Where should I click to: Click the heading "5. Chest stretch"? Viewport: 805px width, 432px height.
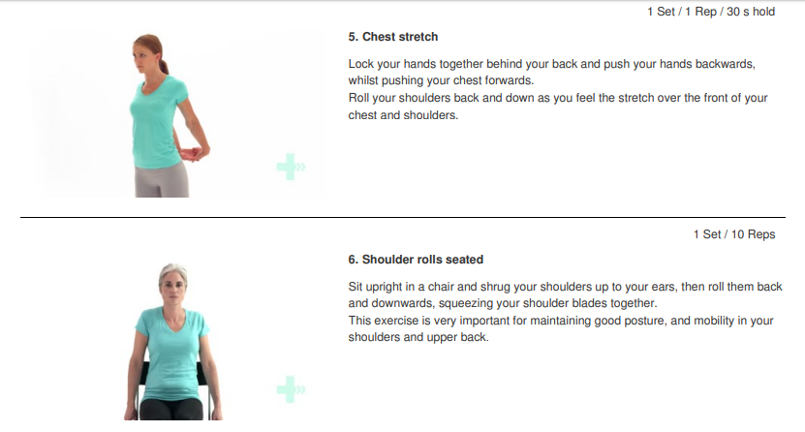point(392,37)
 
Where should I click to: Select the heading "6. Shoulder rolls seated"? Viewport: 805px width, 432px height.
point(416,260)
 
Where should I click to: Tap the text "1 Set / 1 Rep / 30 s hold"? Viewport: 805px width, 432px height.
point(711,12)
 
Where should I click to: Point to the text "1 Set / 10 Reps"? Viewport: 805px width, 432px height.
point(734,234)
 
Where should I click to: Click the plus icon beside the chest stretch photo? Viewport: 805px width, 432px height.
point(291,167)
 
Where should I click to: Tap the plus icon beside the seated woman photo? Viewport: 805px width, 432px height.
point(291,389)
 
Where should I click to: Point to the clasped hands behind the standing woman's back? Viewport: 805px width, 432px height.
point(192,153)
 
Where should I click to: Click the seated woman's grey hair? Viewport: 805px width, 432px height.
point(173,271)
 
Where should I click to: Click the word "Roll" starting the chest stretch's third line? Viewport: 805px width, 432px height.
point(358,98)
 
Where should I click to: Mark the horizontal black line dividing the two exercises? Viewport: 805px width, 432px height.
point(403,217)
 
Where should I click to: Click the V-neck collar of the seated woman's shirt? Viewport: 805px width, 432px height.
point(173,318)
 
